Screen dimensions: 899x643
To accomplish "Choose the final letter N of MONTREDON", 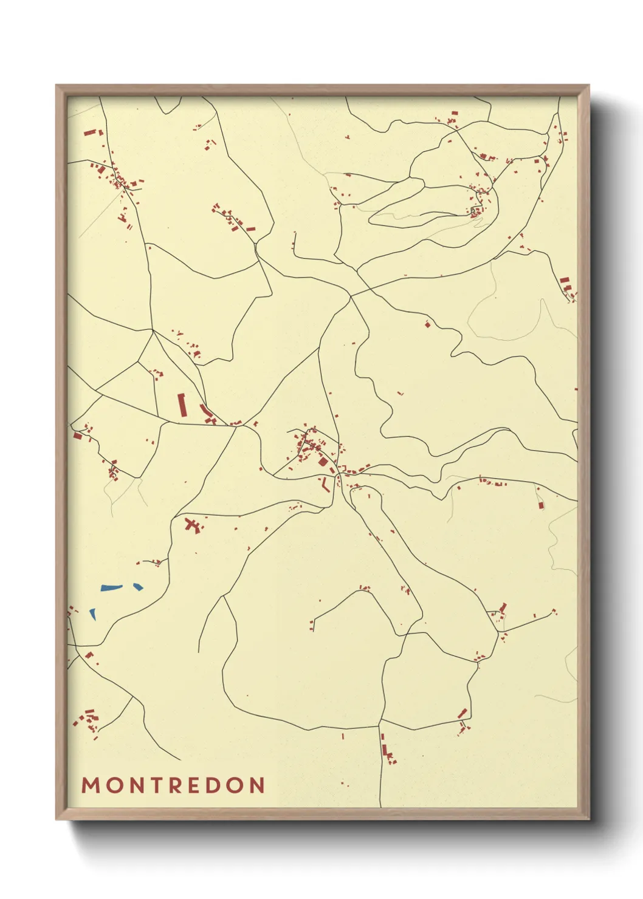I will point(257,785).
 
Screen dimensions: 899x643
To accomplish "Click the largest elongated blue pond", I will point(111,587).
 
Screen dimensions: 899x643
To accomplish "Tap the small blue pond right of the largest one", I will point(138,587).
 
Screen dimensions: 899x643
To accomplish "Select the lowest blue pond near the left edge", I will point(93,614).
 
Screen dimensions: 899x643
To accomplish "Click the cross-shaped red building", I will point(193,525).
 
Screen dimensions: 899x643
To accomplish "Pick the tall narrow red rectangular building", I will point(181,405).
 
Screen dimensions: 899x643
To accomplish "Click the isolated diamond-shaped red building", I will point(427,324).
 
